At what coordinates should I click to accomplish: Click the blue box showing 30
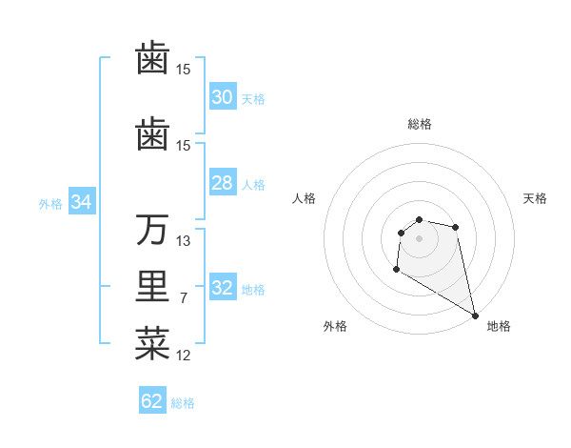pyautogui.click(x=222, y=97)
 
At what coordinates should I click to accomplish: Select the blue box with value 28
pyautogui.click(x=222, y=183)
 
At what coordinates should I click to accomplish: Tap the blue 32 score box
pyautogui.click(x=222, y=288)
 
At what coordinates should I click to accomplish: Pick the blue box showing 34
pyautogui.click(x=81, y=202)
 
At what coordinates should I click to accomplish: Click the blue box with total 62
pyautogui.click(x=152, y=401)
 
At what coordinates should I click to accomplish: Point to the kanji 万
pyautogui.click(x=152, y=230)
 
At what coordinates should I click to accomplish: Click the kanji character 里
pyautogui.click(x=152, y=288)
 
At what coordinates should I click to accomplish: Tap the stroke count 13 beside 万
pyautogui.click(x=184, y=241)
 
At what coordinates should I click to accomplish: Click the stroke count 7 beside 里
pyautogui.click(x=183, y=298)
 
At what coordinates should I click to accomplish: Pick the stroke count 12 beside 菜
pyautogui.click(x=184, y=356)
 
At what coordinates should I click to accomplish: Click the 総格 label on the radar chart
pyautogui.click(x=420, y=124)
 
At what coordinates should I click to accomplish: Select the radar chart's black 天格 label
pyautogui.click(x=536, y=198)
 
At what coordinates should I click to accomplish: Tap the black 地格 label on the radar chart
pyautogui.click(x=499, y=326)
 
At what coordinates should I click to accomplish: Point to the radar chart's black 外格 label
pyautogui.click(x=335, y=326)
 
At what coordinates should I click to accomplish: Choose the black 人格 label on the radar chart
pyautogui.click(x=304, y=198)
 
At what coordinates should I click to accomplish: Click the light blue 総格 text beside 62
pyautogui.click(x=183, y=403)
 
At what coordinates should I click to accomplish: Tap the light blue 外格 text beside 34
pyautogui.click(x=50, y=203)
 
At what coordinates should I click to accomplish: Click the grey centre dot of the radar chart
pyautogui.click(x=420, y=237)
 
